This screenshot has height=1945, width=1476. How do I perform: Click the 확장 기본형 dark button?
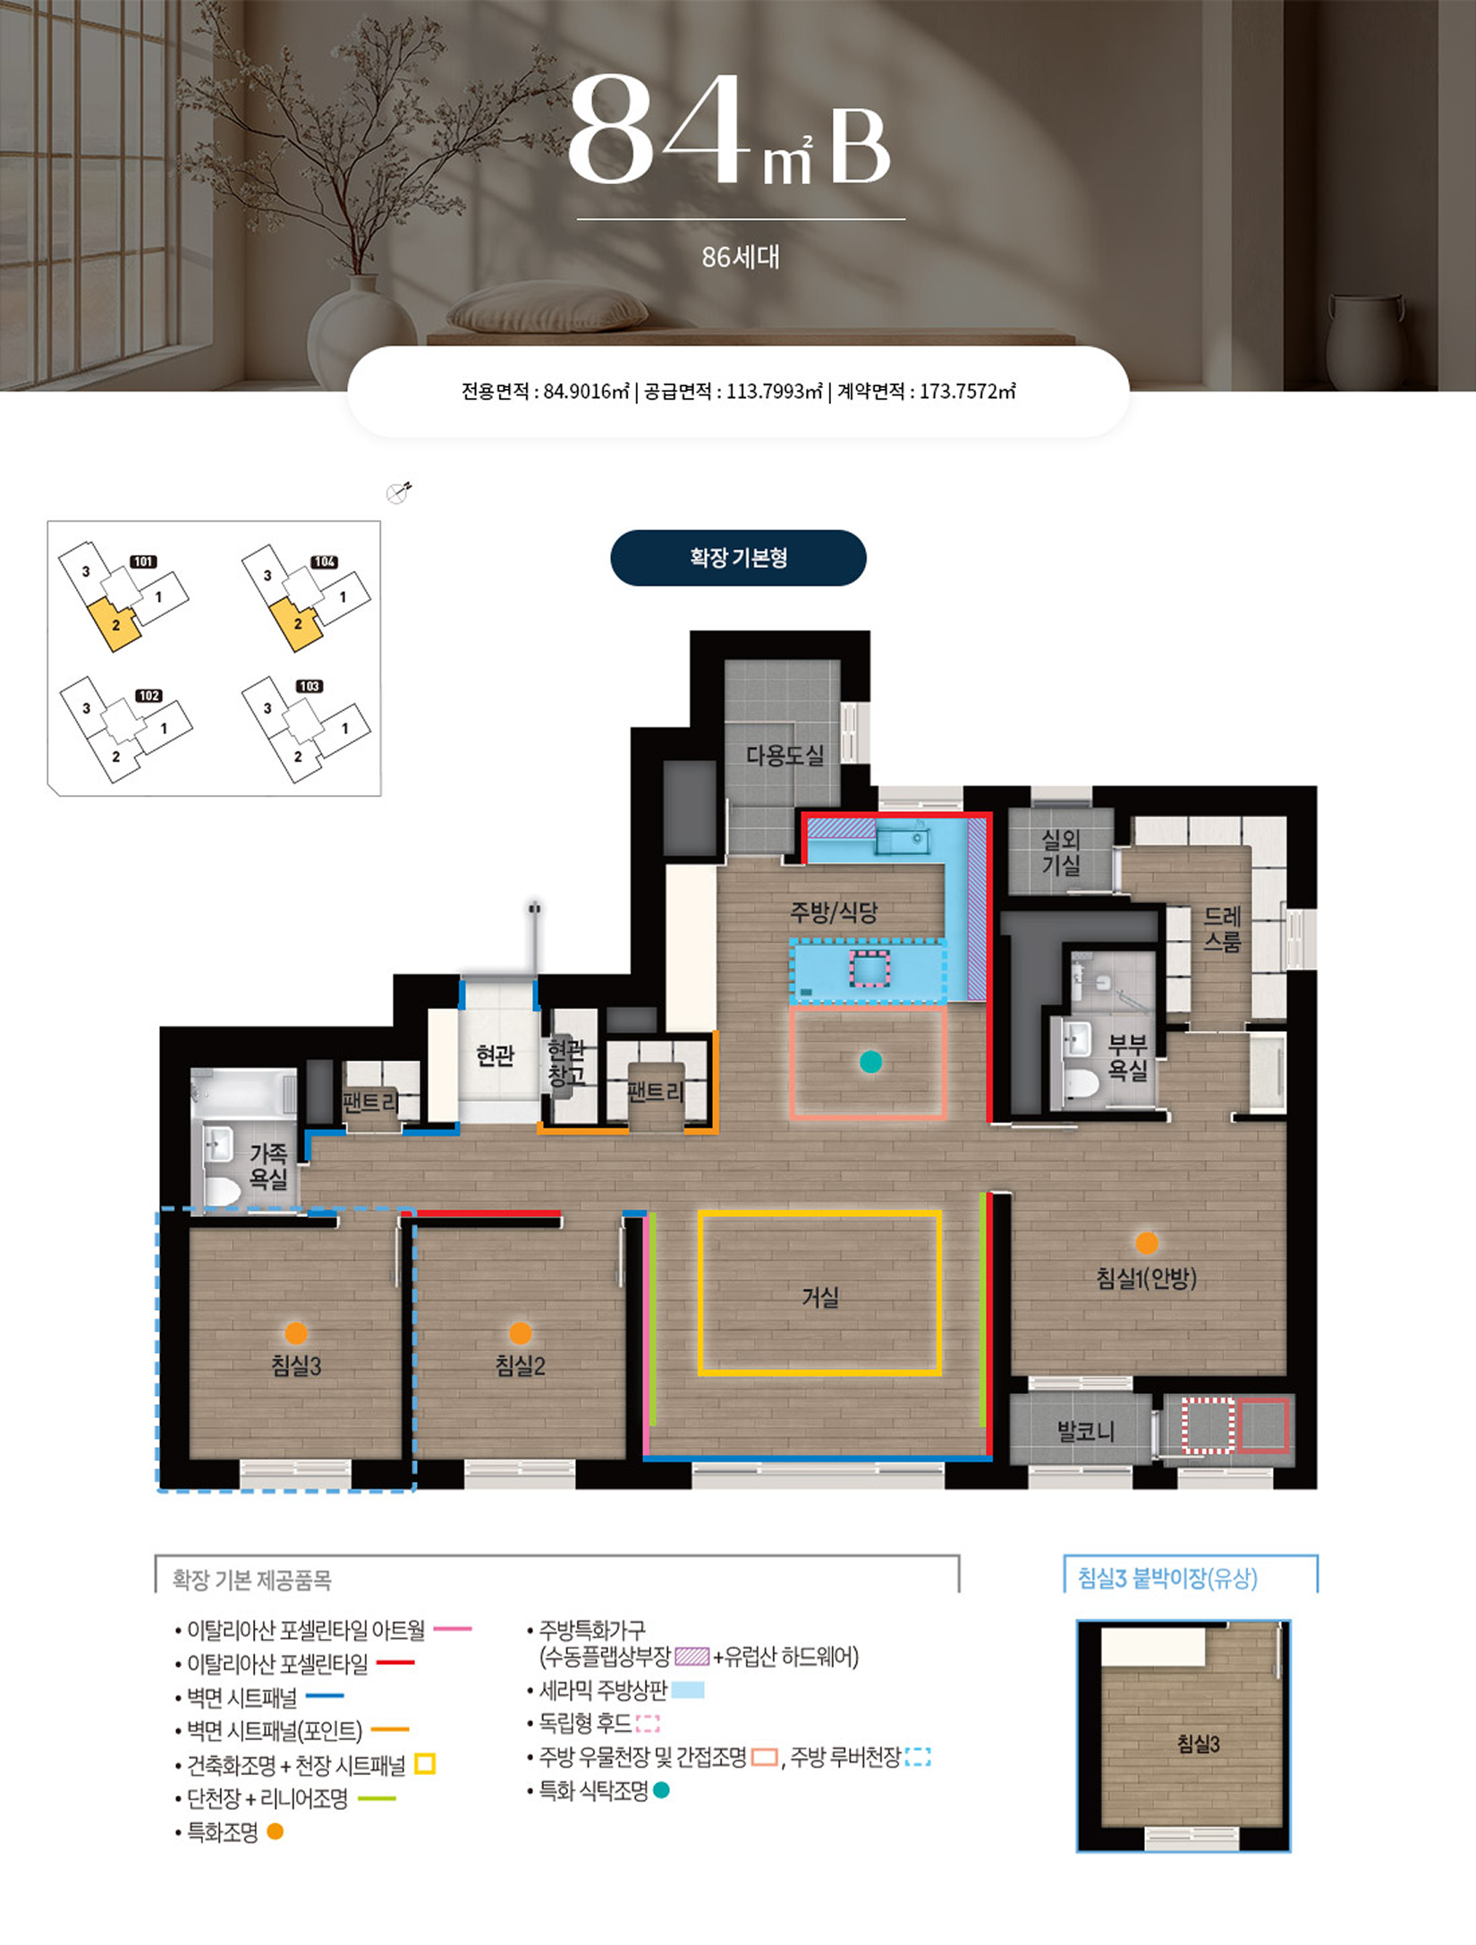click(x=738, y=558)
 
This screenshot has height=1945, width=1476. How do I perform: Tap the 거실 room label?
click(x=820, y=1297)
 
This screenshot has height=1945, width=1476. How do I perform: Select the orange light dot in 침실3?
click(x=296, y=1333)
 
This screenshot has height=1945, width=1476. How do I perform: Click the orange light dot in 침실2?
click(x=521, y=1333)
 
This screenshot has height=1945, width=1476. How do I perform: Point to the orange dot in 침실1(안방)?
click(x=1147, y=1243)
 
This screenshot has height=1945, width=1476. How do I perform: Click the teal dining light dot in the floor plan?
click(x=870, y=1061)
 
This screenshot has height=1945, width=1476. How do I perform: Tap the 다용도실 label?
click(x=785, y=756)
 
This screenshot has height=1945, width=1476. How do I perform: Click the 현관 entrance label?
click(x=496, y=1056)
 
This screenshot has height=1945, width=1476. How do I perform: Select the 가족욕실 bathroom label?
click(x=268, y=1166)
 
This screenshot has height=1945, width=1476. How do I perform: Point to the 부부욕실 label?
click(x=1127, y=1057)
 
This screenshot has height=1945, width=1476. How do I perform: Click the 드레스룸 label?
click(x=1222, y=929)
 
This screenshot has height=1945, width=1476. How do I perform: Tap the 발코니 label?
click(x=1086, y=1432)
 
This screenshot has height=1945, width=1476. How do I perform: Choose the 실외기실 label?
click(x=1061, y=852)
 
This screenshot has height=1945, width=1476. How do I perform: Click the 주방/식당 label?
click(x=834, y=912)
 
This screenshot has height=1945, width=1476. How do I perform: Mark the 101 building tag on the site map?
click(x=144, y=562)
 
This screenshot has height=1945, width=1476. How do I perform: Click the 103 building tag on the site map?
click(x=310, y=686)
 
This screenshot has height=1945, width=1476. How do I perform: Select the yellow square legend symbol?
click(x=425, y=1764)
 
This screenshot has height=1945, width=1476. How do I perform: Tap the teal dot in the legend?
click(x=661, y=1789)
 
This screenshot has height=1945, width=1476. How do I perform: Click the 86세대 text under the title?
click(x=741, y=258)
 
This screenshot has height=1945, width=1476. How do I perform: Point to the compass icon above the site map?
click(x=399, y=492)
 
